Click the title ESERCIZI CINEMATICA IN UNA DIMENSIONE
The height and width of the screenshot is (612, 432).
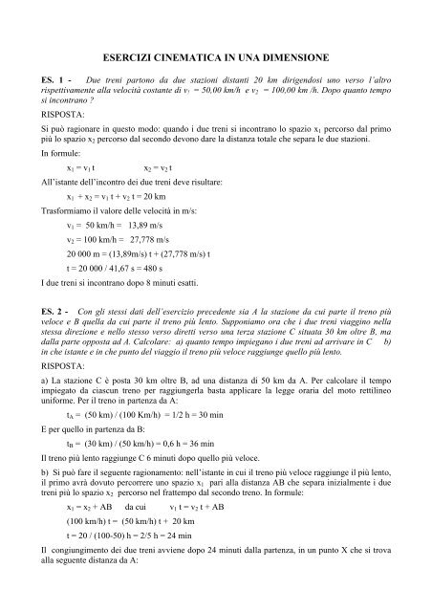click(x=216, y=59)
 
